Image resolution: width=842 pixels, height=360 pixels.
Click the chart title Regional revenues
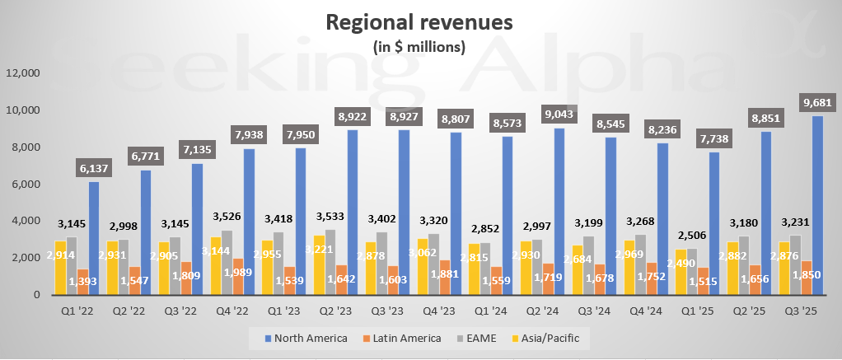[x=419, y=22]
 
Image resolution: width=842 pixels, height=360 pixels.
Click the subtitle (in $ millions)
[x=419, y=46]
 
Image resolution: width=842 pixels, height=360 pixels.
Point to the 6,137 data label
[x=94, y=168]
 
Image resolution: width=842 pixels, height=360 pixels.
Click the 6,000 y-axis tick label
[x=26, y=184]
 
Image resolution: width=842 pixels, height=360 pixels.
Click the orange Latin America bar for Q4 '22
[x=236, y=276]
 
